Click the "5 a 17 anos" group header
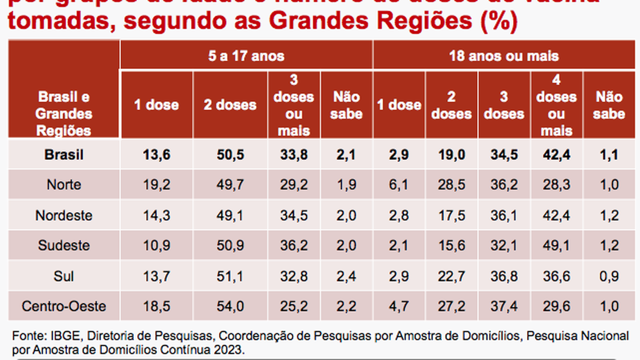click(x=246, y=55)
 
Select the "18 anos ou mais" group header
click(x=503, y=55)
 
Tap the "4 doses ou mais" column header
click(x=556, y=105)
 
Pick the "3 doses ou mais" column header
click(x=293, y=105)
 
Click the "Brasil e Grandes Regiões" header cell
click(x=64, y=113)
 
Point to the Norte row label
click(x=64, y=185)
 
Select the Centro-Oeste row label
click(x=64, y=306)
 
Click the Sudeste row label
click(x=64, y=245)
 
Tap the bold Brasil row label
click(x=64, y=155)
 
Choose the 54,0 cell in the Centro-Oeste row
click(x=230, y=306)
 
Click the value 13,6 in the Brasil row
click(x=156, y=155)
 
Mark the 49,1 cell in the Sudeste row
click(x=556, y=245)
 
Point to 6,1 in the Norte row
click(x=398, y=185)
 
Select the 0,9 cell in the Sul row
click(x=608, y=276)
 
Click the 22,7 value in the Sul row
click(x=451, y=276)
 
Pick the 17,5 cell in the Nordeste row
click(x=451, y=215)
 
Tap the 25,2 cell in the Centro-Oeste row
click(x=293, y=306)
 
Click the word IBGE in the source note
click(x=50, y=335)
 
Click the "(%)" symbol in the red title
click(x=498, y=23)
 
